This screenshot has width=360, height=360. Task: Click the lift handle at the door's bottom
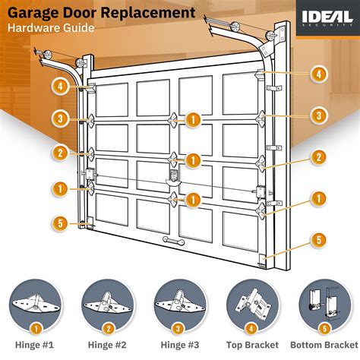[x=174, y=239]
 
